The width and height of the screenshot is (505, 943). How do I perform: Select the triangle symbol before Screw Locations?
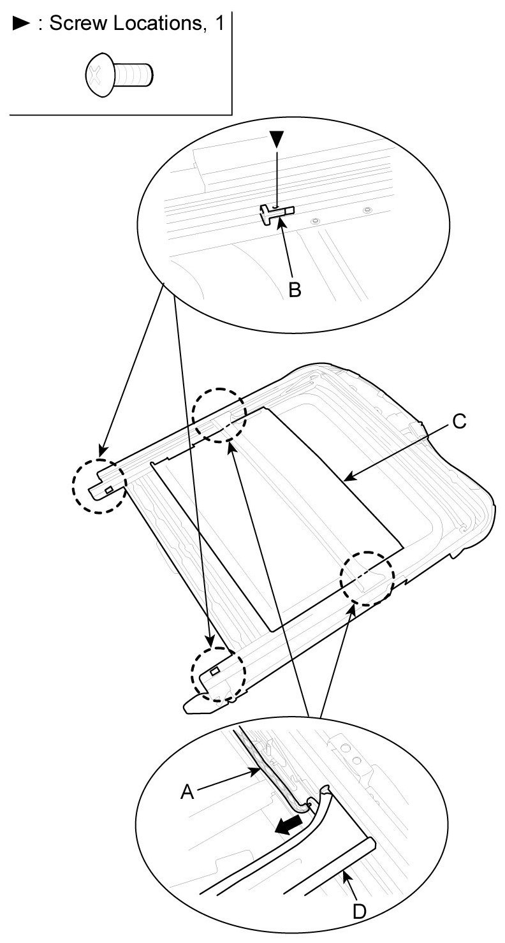pyautogui.click(x=19, y=25)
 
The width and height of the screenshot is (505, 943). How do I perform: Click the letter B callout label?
pyautogui.click(x=295, y=289)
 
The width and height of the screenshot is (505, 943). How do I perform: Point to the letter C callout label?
pyautogui.click(x=459, y=421)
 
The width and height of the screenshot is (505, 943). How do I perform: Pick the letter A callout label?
pyautogui.click(x=187, y=791)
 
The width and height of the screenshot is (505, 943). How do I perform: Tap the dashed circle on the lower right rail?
pyautogui.click(x=367, y=577)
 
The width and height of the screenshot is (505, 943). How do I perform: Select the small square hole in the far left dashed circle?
pyautogui.click(x=109, y=489)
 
